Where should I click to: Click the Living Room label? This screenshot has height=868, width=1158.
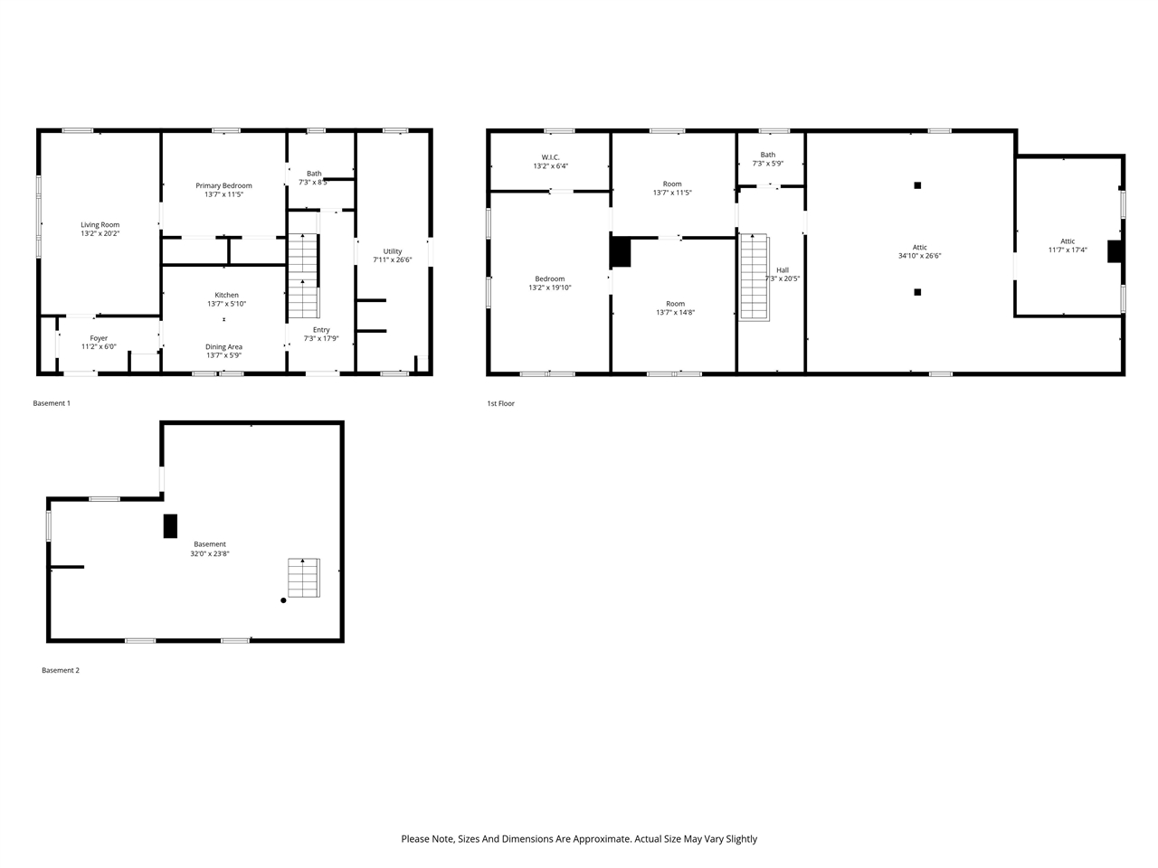[x=100, y=225]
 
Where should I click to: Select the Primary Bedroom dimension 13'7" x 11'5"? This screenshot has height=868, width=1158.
[x=223, y=194]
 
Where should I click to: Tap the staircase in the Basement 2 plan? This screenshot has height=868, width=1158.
[x=304, y=578]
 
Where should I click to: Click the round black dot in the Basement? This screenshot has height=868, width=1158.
[x=283, y=600]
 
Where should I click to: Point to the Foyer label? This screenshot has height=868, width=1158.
[x=99, y=338]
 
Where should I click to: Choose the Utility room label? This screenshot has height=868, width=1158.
[x=392, y=251]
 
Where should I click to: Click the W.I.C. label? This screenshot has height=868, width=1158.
[x=550, y=157]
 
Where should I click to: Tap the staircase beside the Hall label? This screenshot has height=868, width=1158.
[x=754, y=276]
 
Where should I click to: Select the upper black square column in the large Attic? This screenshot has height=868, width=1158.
[x=917, y=185]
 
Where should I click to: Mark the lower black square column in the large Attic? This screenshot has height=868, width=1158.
[x=917, y=292]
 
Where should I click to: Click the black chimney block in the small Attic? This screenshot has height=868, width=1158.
[x=1115, y=251]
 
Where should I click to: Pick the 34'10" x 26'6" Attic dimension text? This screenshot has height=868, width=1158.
[x=919, y=256]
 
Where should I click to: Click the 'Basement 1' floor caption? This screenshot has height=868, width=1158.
[x=52, y=403]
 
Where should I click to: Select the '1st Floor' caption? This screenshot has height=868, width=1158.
[x=500, y=403]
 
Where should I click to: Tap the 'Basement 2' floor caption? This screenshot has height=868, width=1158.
[x=61, y=670]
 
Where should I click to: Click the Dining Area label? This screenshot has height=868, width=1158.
[x=223, y=347]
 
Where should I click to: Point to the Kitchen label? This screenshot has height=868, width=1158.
[x=226, y=295]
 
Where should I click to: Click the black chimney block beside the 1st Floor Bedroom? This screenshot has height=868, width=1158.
[x=620, y=252]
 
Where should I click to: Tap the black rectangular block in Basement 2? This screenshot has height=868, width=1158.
[x=170, y=526]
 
